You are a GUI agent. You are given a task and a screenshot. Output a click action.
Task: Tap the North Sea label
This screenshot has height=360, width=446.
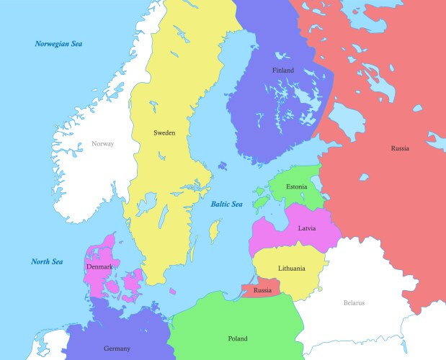click(x=47, y=261)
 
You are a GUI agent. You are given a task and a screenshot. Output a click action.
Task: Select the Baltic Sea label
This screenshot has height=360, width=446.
click(x=226, y=204)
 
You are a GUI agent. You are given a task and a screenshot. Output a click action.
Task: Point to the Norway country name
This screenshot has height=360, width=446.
click(x=102, y=143)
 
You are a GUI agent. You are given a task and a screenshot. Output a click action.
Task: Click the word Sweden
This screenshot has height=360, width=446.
click(x=164, y=132)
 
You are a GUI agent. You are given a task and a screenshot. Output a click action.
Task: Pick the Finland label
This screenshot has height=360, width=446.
click(x=282, y=71)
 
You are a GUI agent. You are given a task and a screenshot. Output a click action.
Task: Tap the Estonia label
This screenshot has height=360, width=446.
click(x=296, y=187)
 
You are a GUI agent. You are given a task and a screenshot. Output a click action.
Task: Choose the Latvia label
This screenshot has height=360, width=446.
click(x=305, y=228)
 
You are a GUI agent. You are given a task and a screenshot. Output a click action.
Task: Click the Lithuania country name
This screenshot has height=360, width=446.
click(x=292, y=269)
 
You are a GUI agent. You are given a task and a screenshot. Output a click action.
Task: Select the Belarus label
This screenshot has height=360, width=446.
click(x=354, y=303)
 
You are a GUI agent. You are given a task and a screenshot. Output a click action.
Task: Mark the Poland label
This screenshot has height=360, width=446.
click(x=237, y=338)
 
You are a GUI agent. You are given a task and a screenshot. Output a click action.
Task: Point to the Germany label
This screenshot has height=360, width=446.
click(x=117, y=348)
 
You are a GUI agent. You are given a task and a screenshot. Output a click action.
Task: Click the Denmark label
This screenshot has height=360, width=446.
click(x=99, y=267)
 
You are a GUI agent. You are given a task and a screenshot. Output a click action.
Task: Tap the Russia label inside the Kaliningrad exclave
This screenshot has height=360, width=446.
click(x=262, y=290)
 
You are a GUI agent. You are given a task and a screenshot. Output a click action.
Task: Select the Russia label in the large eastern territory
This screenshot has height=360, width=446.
click(x=400, y=148)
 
